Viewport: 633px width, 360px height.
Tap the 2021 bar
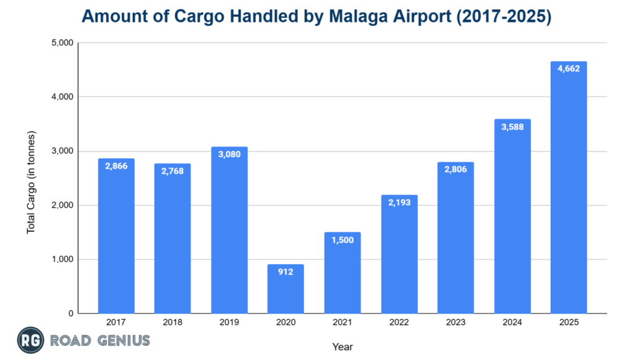tap(342, 273)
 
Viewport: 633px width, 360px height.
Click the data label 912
tap(286, 272)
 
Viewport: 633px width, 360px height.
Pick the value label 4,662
tap(568, 69)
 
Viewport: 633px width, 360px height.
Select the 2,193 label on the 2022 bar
tap(399, 203)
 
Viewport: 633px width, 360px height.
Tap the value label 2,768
tap(172, 171)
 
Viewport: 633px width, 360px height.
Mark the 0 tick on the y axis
tap(70, 314)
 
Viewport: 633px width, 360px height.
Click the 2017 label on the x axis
tap(116, 323)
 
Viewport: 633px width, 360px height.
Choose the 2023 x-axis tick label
tap(455, 323)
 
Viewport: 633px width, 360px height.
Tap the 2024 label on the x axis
tap(512, 323)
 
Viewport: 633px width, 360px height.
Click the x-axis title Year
tap(342, 346)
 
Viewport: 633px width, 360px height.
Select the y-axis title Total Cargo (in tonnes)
tap(31, 182)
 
